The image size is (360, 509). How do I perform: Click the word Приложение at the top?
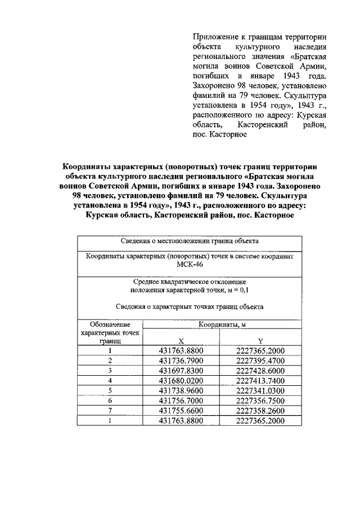[x=213, y=37]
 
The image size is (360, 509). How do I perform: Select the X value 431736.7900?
[x=181, y=361]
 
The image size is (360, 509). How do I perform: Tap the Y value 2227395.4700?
[x=260, y=361]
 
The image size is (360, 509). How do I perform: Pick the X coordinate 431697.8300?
[x=181, y=371]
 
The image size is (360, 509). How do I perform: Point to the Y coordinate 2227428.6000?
[x=260, y=371]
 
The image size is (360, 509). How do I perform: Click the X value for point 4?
[x=181, y=381]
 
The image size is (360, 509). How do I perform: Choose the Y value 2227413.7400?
[x=260, y=381]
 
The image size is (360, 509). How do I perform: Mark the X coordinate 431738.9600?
[x=181, y=391]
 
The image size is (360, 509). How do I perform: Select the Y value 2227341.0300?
[x=260, y=391]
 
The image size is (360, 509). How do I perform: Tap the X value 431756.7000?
[x=181, y=400]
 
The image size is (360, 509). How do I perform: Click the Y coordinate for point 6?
[x=260, y=400]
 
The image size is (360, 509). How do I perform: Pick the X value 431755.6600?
[x=181, y=411]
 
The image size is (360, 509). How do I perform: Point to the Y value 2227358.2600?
[x=260, y=411]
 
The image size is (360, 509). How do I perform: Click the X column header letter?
[x=181, y=341]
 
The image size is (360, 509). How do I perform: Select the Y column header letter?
[x=260, y=341]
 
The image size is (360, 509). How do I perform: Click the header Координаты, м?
[x=220, y=325]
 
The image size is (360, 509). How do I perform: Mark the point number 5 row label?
[x=110, y=391]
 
